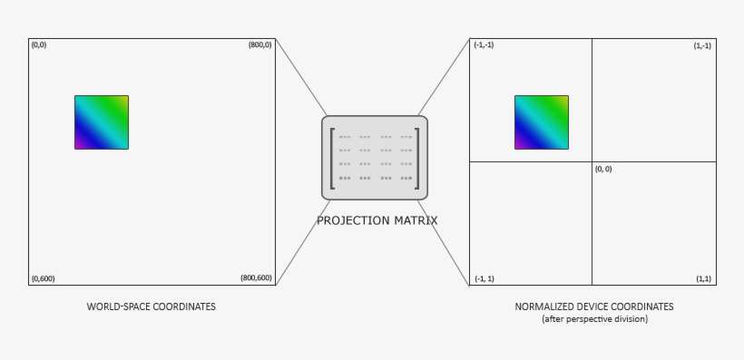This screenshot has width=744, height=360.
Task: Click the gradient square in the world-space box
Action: (102, 122)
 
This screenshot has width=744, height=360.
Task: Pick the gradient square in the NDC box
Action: (542, 122)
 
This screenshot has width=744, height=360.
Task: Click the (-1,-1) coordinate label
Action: (485, 45)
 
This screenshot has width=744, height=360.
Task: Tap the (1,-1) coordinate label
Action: (701, 45)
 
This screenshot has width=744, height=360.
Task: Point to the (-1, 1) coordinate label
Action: (485, 277)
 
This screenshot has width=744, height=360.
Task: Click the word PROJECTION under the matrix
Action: (348, 220)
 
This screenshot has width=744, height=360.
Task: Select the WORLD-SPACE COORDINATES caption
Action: (151, 306)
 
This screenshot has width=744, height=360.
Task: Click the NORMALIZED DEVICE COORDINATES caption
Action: (594, 306)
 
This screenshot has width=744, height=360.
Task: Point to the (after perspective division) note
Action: (594, 319)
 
